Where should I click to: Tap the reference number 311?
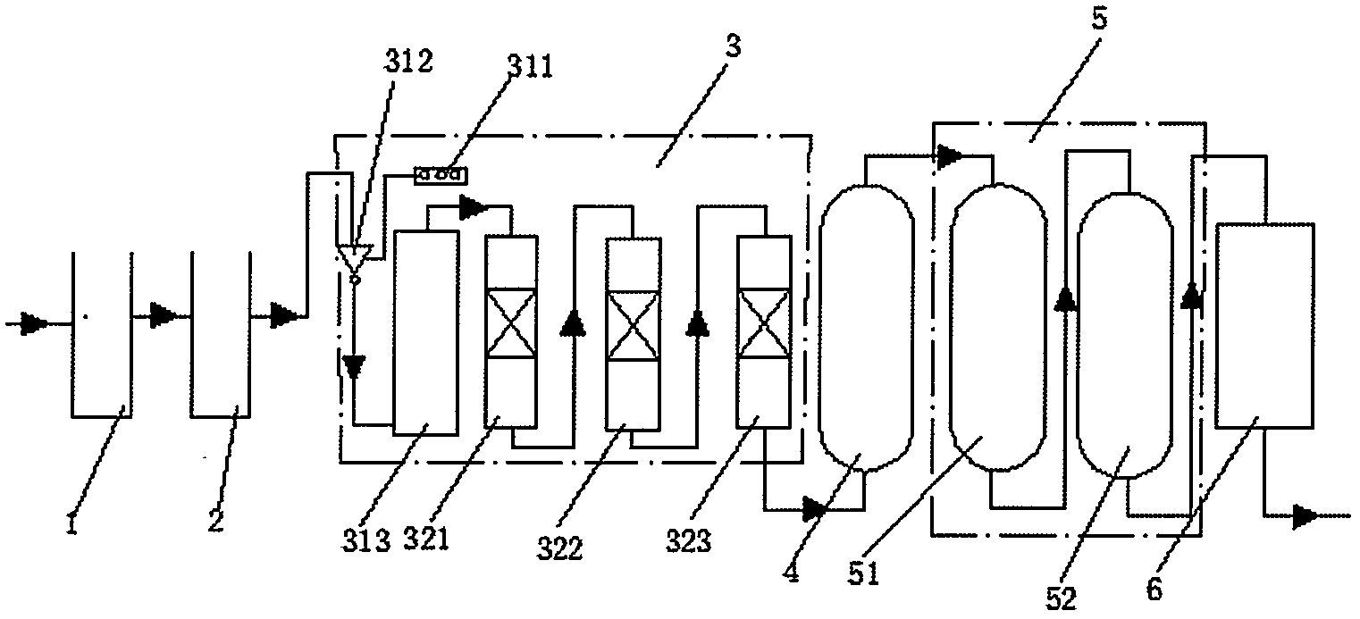point(529,68)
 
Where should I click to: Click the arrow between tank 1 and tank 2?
point(162,314)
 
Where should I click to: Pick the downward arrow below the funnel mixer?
point(355,365)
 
